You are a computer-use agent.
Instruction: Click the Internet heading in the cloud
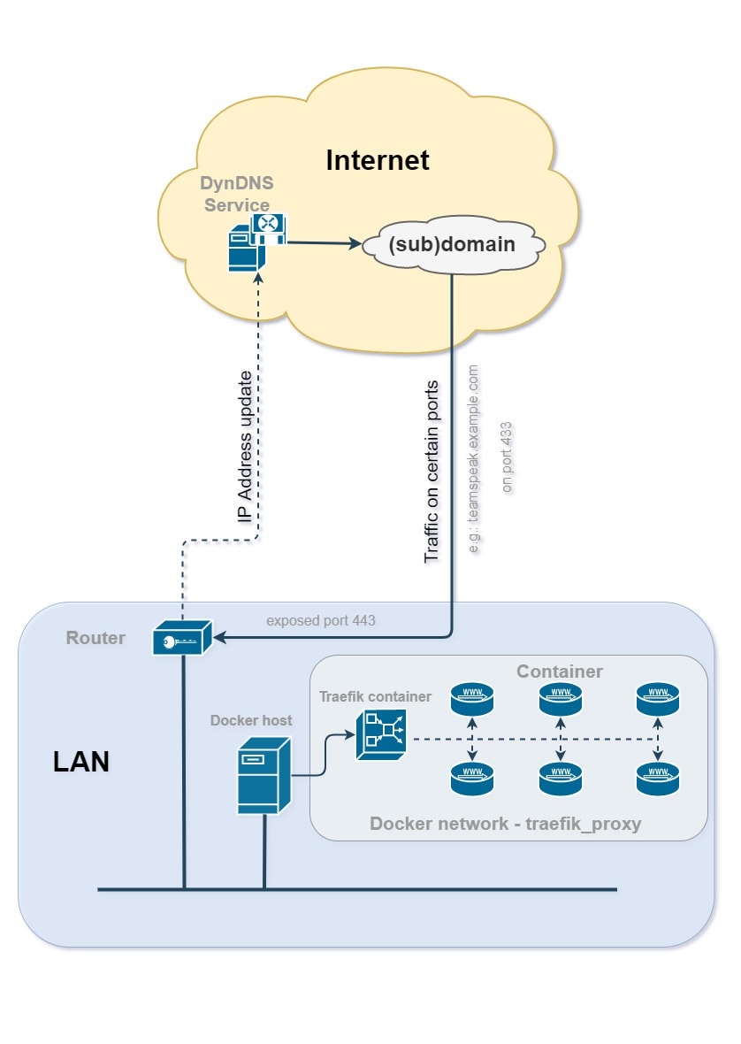378,160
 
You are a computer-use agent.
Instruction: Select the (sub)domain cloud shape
452,243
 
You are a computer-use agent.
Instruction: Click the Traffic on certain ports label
432,471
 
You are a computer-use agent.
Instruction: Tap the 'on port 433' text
507,457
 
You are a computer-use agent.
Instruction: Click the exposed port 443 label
320,620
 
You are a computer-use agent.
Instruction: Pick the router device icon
182,637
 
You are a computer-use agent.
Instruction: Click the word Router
95,638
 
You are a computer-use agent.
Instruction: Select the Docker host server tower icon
263,778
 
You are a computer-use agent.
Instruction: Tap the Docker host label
251,720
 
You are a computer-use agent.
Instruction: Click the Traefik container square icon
380,736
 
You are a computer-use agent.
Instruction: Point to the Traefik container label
376,696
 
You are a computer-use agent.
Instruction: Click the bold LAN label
81,761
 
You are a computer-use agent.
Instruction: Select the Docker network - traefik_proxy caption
505,824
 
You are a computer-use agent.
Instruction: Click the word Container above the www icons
560,671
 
